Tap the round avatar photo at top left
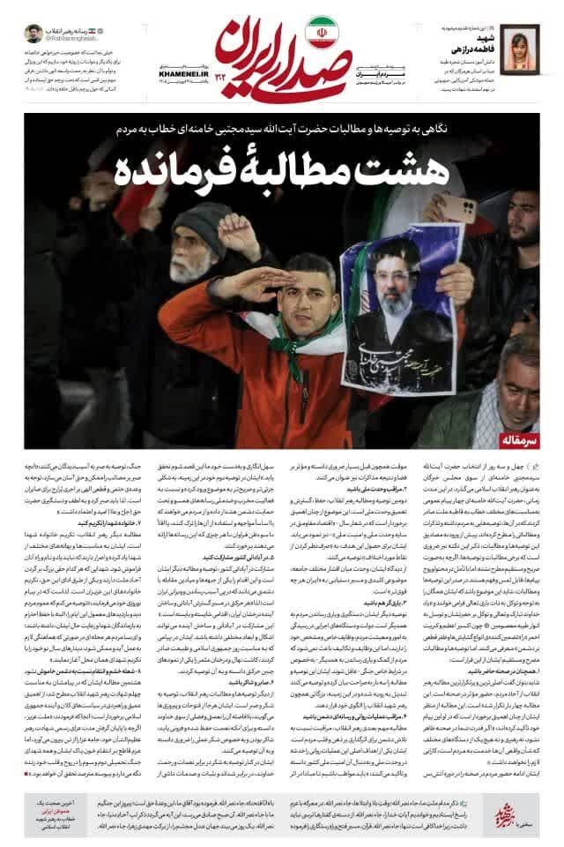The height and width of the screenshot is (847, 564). pos(34,34)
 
